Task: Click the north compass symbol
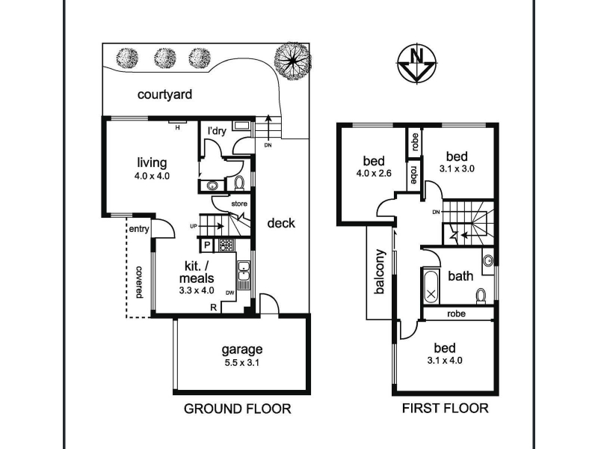(417, 64)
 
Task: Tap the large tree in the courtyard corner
(292, 61)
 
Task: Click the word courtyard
(164, 94)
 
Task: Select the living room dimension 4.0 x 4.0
(152, 176)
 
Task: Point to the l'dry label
(217, 131)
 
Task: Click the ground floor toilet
(239, 183)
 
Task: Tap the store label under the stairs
(239, 204)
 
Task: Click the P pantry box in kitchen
(207, 245)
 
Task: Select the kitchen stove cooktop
(226, 245)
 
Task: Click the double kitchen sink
(243, 270)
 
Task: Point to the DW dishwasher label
(229, 293)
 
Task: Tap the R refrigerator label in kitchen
(214, 307)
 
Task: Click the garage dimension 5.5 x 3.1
(241, 363)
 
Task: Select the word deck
(281, 223)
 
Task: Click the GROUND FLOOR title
(237, 409)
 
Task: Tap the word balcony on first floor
(380, 272)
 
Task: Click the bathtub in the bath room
(431, 286)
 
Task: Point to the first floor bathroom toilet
(481, 296)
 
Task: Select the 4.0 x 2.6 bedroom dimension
(374, 174)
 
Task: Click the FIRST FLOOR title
(445, 408)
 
